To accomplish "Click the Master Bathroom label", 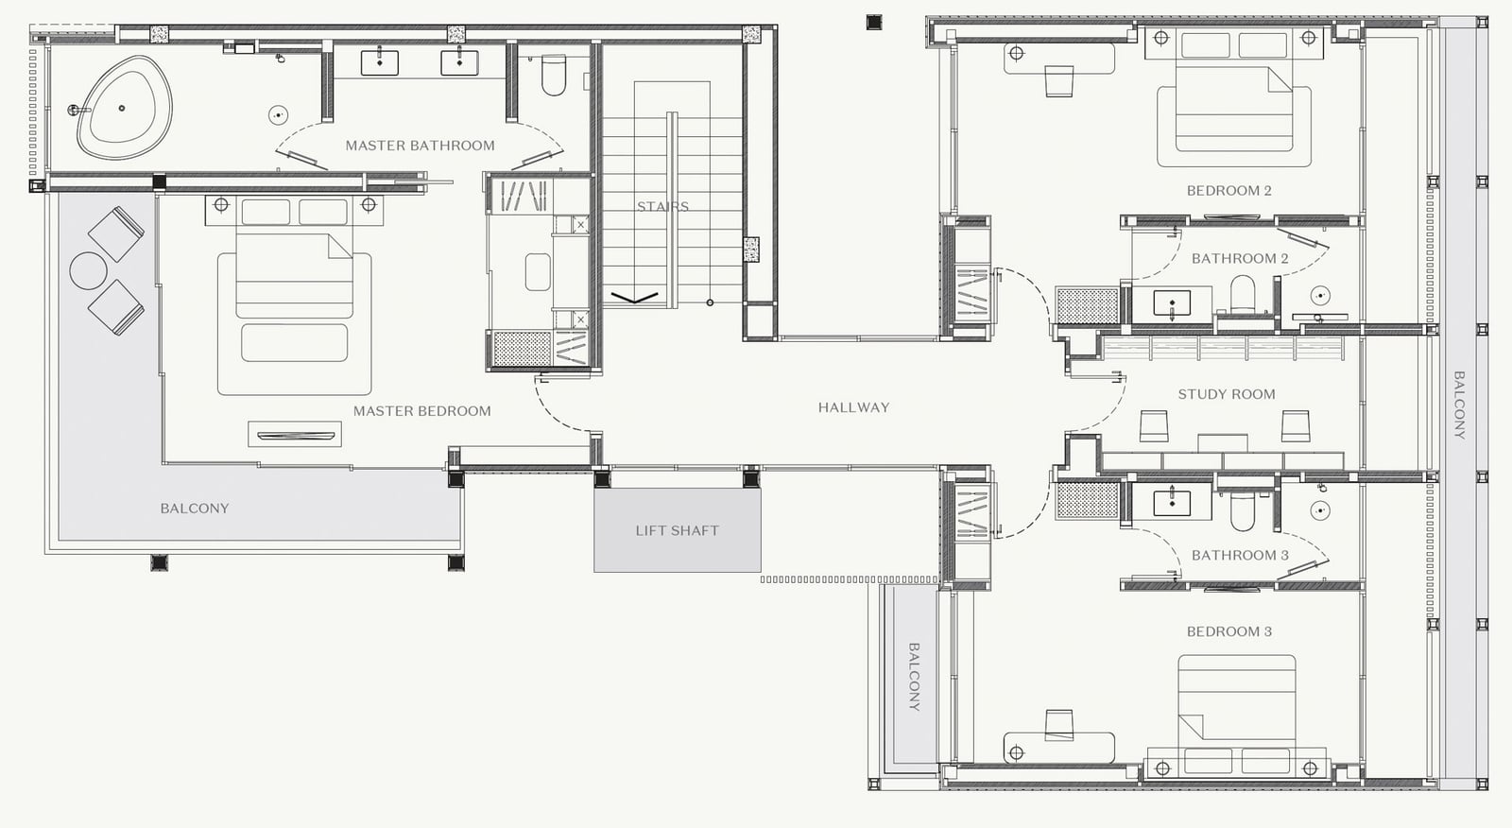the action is [x=420, y=146].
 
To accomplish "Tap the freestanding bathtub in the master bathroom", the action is [x=125, y=108].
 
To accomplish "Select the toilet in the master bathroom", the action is [x=554, y=75].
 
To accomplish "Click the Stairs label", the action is [x=662, y=207].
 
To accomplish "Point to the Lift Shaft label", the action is [x=677, y=531].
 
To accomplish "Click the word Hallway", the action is [x=854, y=407].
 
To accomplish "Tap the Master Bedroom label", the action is [x=421, y=410].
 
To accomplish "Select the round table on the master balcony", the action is [x=89, y=271].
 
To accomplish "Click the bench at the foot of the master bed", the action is [x=294, y=342].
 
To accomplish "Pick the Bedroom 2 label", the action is [x=1229, y=190].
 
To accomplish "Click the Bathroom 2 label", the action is [x=1240, y=258].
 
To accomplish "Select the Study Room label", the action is [x=1227, y=394].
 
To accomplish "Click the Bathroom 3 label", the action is [x=1240, y=555].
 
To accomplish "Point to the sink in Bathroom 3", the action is [x=1172, y=503].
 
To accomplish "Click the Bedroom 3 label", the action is [x=1229, y=631].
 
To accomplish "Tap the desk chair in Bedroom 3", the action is [x=1059, y=725].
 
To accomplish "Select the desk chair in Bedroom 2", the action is [x=1059, y=81].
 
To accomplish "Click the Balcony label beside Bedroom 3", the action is [x=914, y=677].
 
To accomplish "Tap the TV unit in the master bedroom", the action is [x=295, y=434].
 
